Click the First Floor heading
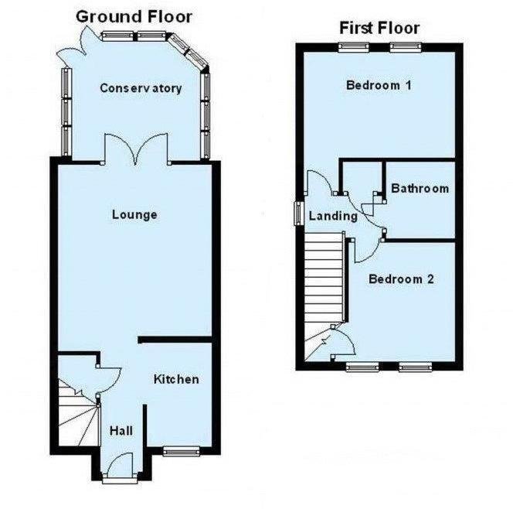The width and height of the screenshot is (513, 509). (x=379, y=29)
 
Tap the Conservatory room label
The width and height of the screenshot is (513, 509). (x=141, y=87)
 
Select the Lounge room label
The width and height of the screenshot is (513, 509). (x=134, y=214)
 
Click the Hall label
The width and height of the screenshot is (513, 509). (x=121, y=430)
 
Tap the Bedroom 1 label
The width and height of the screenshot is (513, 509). (x=378, y=85)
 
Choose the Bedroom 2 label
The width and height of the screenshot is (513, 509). (x=400, y=278)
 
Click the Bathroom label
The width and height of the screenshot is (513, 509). (x=420, y=188)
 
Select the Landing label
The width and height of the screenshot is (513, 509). (x=333, y=216)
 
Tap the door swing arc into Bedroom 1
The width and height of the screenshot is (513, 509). (x=318, y=183)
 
